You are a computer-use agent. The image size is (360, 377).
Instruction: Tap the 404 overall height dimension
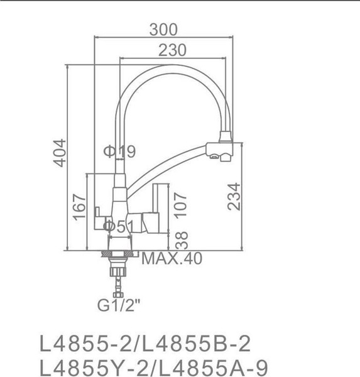tap(59, 153)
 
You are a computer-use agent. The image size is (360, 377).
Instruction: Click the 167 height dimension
tap(80, 207)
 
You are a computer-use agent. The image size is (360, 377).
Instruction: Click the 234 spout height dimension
tap(233, 199)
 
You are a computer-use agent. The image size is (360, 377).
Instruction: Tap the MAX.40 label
tap(172, 258)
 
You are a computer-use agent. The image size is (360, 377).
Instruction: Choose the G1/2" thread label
tap(118, 307)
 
